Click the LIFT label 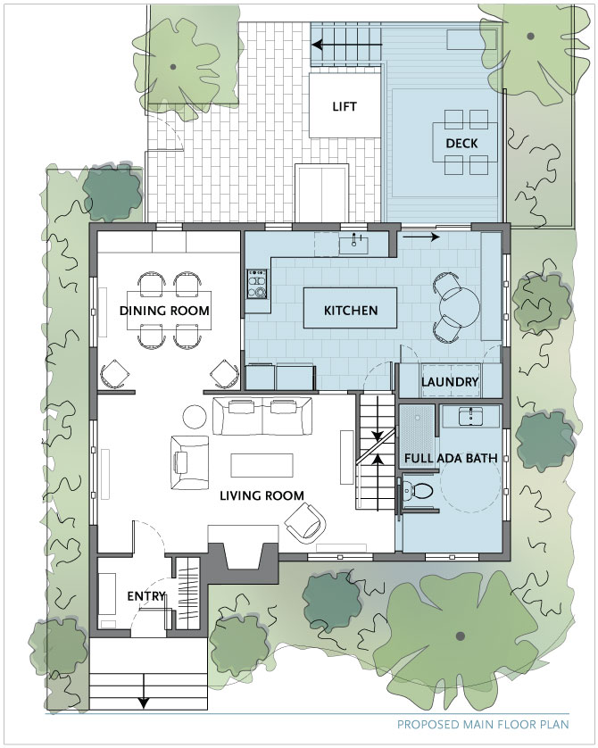click(345, 106)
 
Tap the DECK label click(461, 143)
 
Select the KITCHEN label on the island click(351, 311)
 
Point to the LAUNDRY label click(450, 382)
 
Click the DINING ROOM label click(164, 311)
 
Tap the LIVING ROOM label click(262, 495)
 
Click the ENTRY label click(146, 596)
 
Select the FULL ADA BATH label click(451, 459)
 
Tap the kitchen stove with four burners click(256, 285)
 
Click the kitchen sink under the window click(353, 244)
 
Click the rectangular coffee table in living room click(262, 465)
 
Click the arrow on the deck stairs click(347, 45)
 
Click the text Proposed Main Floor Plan click(483, 724)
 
